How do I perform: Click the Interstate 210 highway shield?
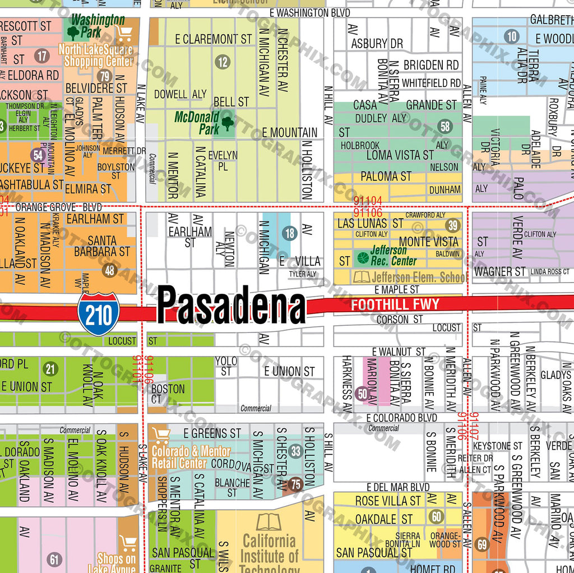(x=99, y=314)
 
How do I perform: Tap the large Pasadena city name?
(x=232, y=306)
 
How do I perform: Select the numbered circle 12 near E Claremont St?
(x=223, y=62)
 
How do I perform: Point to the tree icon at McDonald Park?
(x=227, y=123)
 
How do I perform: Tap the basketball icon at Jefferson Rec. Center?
(x=362, y=258)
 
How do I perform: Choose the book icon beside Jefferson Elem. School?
(x=362, y=276)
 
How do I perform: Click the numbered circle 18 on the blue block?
(x=289, y=234)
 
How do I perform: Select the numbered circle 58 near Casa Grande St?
(x=446, y=126)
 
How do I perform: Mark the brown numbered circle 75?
(x=296, y=484)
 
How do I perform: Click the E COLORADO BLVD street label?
(x=401, y=418)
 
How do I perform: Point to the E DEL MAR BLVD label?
(x=398, y=487)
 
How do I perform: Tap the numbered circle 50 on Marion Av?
(x=362, y=394)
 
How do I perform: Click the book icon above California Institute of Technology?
(x=269, y=522)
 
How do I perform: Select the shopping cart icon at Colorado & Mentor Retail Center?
(x=161, y=435)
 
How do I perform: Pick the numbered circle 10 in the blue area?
(x=511, y=37)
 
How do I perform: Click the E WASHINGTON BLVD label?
(x=309, y=12)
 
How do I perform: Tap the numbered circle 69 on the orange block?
(x=482, y=543)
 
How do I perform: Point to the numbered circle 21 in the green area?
(x=51, y=368)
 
